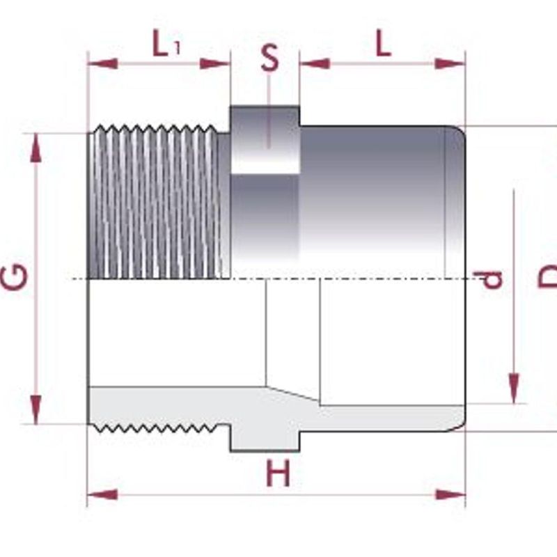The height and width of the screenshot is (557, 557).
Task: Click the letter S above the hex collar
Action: [x=269, y=58]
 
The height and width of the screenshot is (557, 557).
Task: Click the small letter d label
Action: [x=494, y=280]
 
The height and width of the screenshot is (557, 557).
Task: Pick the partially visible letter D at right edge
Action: [x=548, y=278]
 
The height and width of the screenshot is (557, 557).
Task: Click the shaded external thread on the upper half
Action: [x=157, y=202]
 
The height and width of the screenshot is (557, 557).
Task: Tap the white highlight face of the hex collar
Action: [x=265, y=160]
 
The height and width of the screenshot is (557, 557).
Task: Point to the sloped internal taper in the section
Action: [x=292, y=393]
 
